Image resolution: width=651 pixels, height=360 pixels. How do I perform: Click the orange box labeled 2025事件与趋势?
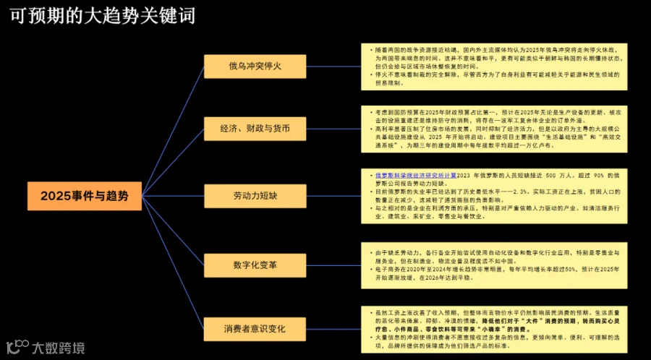(x=85, y=196)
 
